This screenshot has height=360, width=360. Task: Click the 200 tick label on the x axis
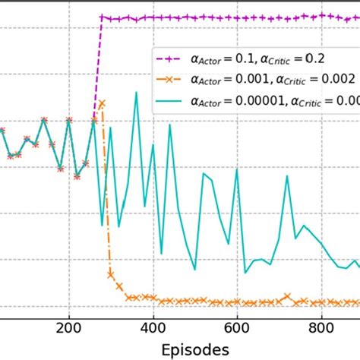tap(69, 328)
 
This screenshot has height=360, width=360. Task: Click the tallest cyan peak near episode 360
tap(136, 93)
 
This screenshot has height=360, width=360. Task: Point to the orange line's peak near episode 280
tap(102, 103)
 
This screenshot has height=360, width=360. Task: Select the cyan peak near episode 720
tap(287, 177)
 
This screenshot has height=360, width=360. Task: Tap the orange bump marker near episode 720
tap(287, 296)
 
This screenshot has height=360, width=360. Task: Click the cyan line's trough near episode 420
tap(161, 254)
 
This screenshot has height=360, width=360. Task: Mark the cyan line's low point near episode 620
tap(245, 272)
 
